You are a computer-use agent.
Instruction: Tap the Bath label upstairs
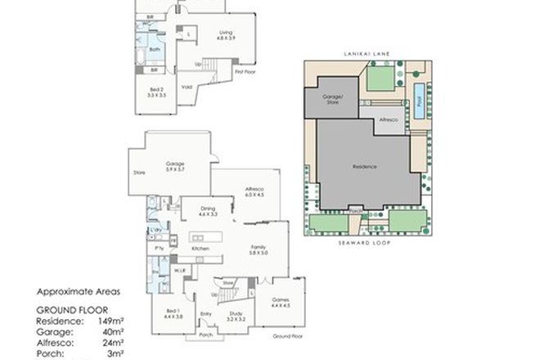point(154,50)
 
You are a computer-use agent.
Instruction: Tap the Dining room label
point(207,210)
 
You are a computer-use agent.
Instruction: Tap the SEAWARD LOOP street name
point(365,243)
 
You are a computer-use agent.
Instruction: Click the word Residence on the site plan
point(365,166)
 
